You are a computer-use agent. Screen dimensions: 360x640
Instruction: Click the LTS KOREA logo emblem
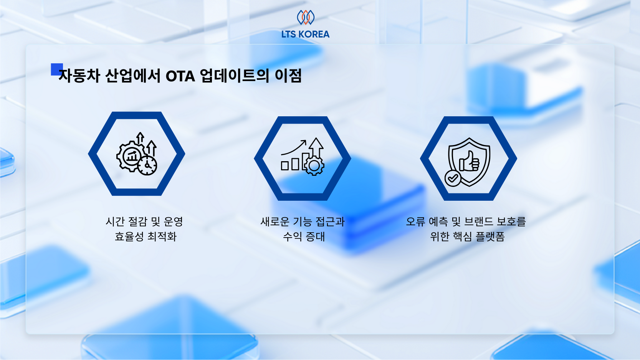pos(306,17)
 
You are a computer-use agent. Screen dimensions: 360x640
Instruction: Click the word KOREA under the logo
pos(314,34)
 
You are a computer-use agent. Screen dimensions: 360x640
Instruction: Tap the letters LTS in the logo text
pos(288,34)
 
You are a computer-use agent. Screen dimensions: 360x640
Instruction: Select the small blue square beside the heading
pos(56,69)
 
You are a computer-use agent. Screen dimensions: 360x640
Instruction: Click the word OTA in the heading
pos(180,76)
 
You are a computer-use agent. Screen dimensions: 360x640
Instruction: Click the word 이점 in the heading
pos(288,76)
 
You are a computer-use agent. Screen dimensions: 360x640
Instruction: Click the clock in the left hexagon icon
pos(147,165)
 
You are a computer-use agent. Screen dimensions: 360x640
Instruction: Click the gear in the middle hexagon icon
pos(314,166)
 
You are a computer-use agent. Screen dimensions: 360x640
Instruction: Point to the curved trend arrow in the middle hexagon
pos(294,147)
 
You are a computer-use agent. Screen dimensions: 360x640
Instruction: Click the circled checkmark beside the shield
pos(453,178)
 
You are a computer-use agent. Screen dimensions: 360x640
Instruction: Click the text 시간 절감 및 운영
pos(144,221)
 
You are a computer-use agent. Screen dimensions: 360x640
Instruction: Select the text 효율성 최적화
pos(146,236)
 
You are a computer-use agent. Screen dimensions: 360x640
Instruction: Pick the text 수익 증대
pos(304,236)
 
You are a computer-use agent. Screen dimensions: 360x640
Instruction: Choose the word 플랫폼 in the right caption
pos(490,236)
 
